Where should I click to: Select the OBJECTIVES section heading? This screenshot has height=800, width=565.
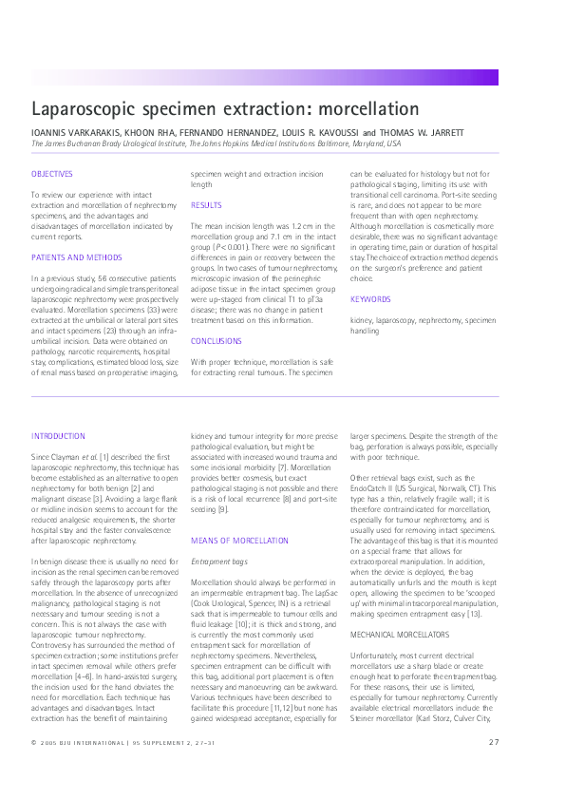click(x=52, y=174)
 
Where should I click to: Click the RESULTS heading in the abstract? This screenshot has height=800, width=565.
click(x=206, y=205)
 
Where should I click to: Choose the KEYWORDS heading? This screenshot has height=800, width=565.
click(x=370, y=299)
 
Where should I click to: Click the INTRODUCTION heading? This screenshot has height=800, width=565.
click(x=59, y=435)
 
